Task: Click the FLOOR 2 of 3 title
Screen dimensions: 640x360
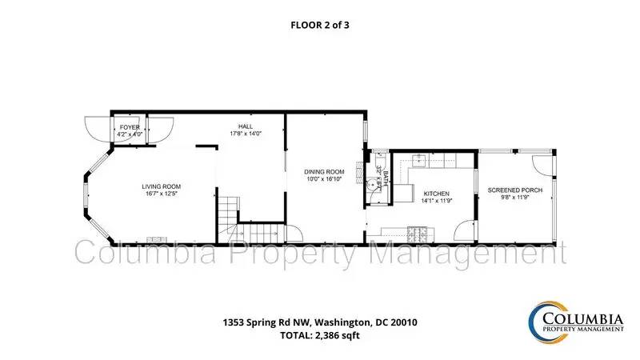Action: [319, 25]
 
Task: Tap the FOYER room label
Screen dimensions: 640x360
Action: [130, 127]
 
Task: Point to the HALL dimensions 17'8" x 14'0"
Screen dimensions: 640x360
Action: [246, 134]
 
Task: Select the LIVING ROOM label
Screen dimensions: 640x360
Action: [162, 186]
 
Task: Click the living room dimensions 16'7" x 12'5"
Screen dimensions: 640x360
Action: [162, 194]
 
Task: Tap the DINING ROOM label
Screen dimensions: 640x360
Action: [324, 172]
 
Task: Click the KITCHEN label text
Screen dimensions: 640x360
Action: [436, 194]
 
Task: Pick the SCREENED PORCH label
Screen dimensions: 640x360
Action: [515, 190]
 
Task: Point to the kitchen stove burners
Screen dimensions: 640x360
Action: [417, 233]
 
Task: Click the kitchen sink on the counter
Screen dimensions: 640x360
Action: [418, 162]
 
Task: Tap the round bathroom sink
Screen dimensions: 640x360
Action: [371, 185]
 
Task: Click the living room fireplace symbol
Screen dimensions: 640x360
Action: [157, 239]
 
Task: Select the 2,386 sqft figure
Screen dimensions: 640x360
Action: [336, 335]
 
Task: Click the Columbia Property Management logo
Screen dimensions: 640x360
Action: [576, 322]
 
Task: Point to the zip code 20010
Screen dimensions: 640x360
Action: [404, 322]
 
